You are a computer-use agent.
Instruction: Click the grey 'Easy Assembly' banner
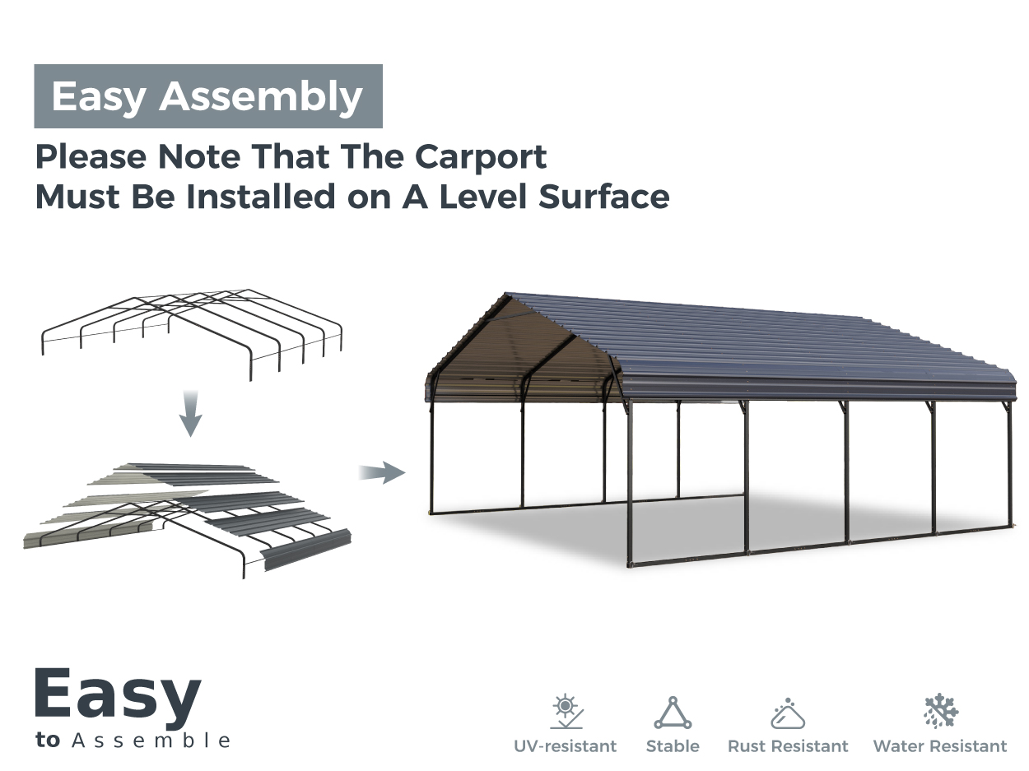(208, 96)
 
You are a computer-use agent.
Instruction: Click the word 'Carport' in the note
(481, 158)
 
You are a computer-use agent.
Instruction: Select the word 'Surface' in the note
(603, 197)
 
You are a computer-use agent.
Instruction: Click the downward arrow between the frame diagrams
(190, 413)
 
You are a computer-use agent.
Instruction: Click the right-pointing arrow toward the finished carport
(382, 472)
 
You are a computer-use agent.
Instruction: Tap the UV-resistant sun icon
(566, 711)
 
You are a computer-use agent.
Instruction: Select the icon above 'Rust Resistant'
(788, 713)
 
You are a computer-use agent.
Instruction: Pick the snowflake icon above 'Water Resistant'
(941, 711)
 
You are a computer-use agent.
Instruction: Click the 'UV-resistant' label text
(566, 746)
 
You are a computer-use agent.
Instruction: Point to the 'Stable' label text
(673, 746)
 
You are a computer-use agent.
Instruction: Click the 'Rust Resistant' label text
(788, 746)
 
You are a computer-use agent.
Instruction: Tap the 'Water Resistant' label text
(940, 746)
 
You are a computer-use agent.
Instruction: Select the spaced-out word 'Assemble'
(151, 741)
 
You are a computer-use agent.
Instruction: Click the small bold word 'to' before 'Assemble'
(48, 741)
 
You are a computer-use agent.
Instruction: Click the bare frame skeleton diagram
(192, 335)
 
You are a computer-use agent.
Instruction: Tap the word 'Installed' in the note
(261, 197)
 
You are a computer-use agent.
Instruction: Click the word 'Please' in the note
(91, 156)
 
